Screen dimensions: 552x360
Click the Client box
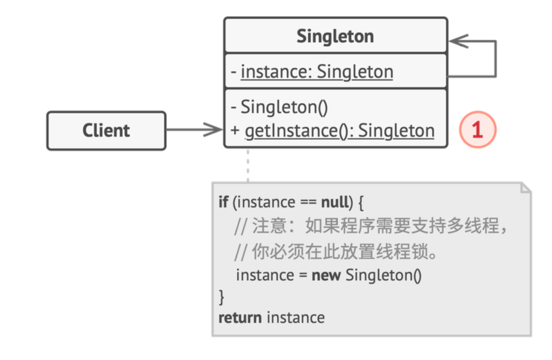pyautogui.click(x=106, y=131)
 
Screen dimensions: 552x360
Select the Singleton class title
pyautogui.click(x=335, y=37)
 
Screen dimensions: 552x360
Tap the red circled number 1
pyautogui.click(x=478, y=130)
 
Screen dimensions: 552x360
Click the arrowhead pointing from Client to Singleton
pyautogui.click(x=214, y=130)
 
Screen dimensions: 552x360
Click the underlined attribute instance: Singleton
pyautogui.click(x=317, y=72)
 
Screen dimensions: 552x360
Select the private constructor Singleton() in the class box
pyautogui.click(x=284, y=107)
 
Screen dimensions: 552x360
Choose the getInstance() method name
pyautogui.click(x=291, y=131)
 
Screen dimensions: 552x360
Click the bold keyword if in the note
pyautogui.click(x=223, y=202)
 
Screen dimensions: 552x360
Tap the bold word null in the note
pyautogui.click(x=335, y=202)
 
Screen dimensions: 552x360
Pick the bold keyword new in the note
pyautogui.click(x=326, y=275)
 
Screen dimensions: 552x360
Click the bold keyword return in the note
pyautogui.click(x=240, y=318)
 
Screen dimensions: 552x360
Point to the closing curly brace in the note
pyautogui.click(x=221, y=297)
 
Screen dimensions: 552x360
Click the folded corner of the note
pyautogui.click(x=526, y=188)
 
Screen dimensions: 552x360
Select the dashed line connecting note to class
pyautogui.click(x=248, y=166)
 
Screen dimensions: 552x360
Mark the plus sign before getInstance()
pyautogui.click(x=235, y=131)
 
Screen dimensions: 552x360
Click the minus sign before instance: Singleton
pyautogui.click(x=234, y=72)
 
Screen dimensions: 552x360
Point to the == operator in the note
pyautogui.click(x=308, y=203)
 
